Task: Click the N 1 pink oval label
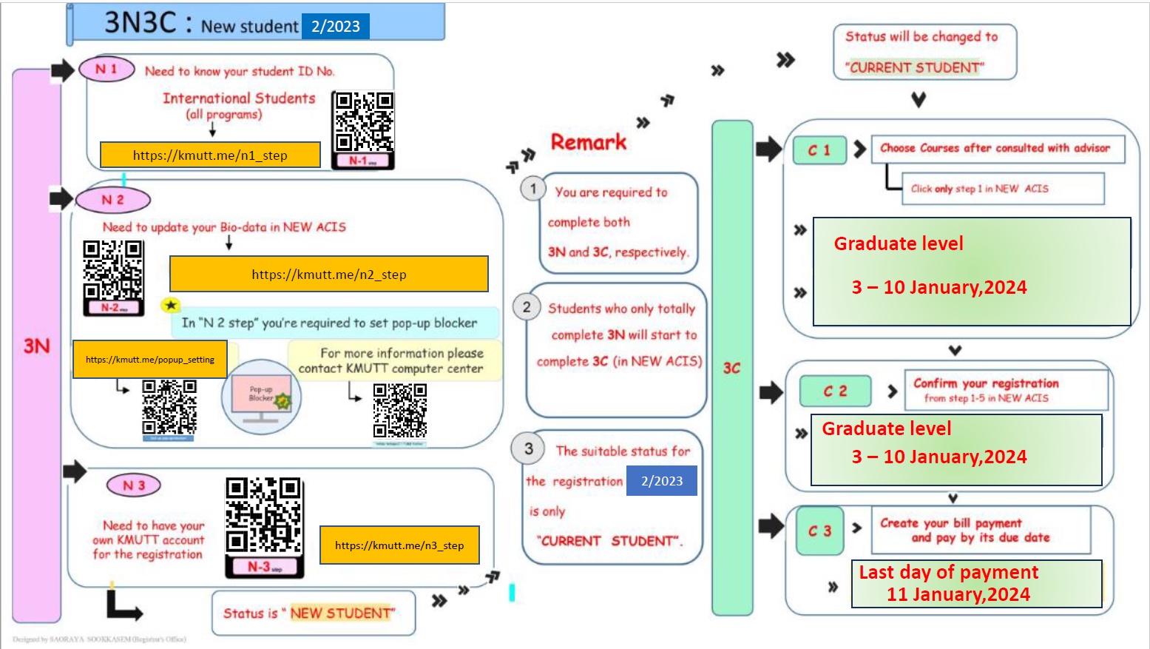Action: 106,69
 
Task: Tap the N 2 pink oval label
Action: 113,200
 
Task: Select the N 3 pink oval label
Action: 134,485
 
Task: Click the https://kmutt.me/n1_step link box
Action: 210,155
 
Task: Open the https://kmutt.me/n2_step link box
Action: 328,275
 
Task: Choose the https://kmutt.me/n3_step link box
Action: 399,545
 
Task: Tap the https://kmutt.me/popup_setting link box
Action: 150,360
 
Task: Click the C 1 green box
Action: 819,150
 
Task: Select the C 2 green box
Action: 835,391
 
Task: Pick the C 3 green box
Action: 819,531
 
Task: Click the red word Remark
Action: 589,142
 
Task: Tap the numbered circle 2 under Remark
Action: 527,307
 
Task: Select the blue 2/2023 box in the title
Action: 335,27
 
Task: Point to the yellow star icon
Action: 171,305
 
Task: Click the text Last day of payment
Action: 948,572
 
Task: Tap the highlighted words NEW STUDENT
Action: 340,613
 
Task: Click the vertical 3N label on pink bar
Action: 36,346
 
